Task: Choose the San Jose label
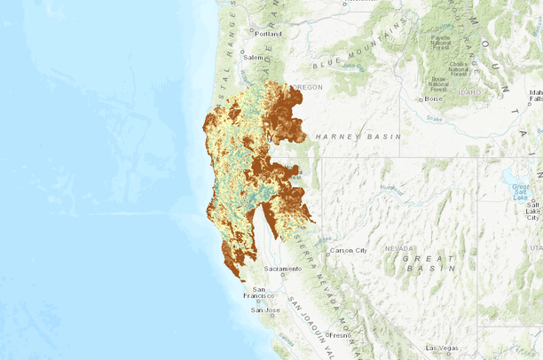266,310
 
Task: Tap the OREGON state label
308,87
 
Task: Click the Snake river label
434,118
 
